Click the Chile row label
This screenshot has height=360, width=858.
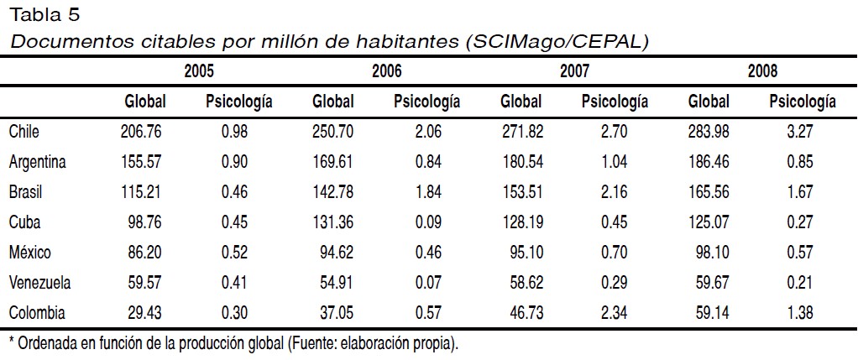(24, 132)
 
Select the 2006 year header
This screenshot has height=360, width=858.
(386, 71)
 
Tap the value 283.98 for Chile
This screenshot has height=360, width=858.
(708, 132)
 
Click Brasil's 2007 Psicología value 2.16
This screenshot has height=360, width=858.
(614, 192)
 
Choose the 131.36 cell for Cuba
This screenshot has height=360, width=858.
(332, 222)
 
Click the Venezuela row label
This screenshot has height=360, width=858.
(39, 283)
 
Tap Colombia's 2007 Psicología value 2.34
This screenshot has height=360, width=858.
(614, 313)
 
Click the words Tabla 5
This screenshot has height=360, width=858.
(45, 15)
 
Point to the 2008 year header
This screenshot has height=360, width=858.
(762, 71)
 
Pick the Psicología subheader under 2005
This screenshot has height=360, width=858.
(238, 102)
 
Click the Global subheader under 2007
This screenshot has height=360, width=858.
(521, 102)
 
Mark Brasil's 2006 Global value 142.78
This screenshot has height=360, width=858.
(332, 192)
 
